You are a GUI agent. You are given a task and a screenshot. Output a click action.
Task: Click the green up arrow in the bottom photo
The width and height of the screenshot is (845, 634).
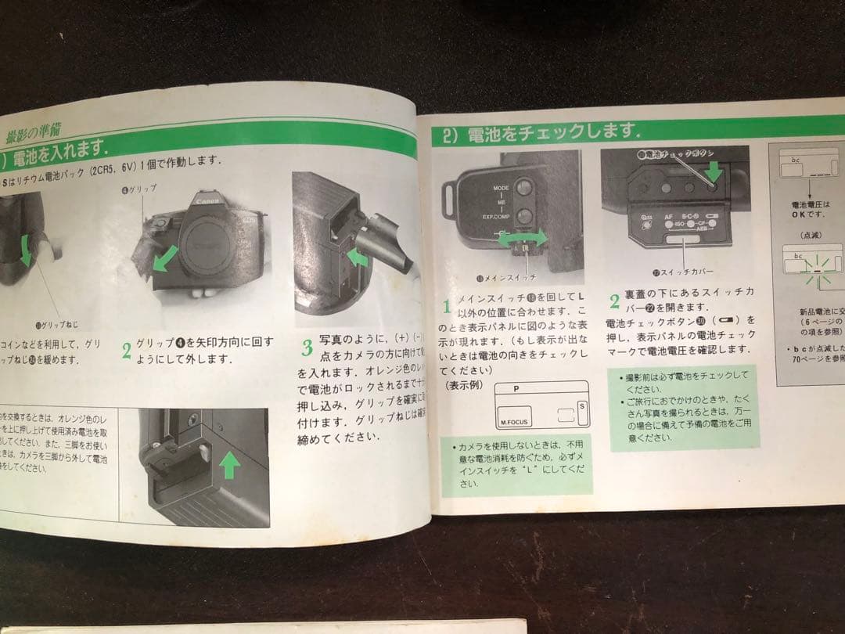tap(229, 466)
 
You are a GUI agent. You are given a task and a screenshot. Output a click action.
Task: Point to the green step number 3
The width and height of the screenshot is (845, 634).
tap(307, 345)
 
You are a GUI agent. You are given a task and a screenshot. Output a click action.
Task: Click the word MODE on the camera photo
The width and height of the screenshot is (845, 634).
tap(502, 189)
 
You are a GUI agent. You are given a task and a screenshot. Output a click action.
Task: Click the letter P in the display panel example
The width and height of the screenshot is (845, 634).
tap(516, 389)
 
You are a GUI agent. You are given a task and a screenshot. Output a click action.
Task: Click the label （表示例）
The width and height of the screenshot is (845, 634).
tap(464, 385)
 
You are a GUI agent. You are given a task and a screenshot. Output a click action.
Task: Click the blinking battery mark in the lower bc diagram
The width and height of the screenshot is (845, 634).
tap(817, 270)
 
